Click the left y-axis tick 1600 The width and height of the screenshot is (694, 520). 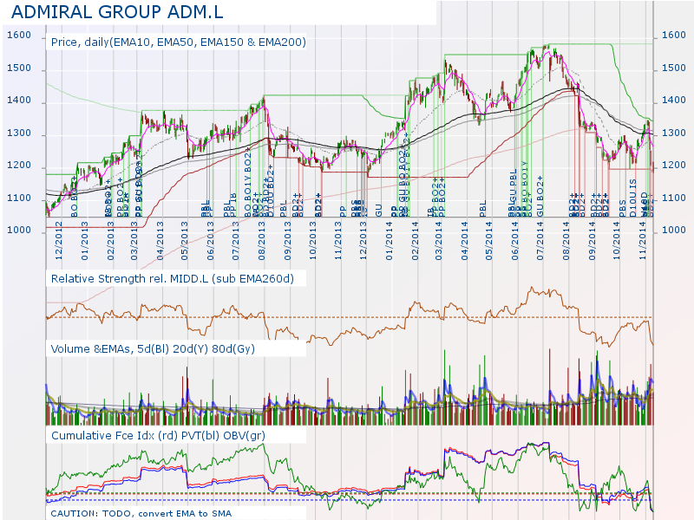[20, 36]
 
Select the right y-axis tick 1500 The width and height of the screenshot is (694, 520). [673, 68]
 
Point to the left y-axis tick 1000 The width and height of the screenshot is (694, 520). [20, 231]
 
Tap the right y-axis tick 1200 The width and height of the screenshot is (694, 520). [673, 166]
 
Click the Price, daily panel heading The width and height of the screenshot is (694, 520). [178, 42]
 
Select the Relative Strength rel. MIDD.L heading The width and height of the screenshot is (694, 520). [173, 279]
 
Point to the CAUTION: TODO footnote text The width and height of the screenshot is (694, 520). [141, 513]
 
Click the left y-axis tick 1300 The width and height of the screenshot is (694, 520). [20, 134]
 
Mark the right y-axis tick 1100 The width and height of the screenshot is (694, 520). [673, 198]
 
